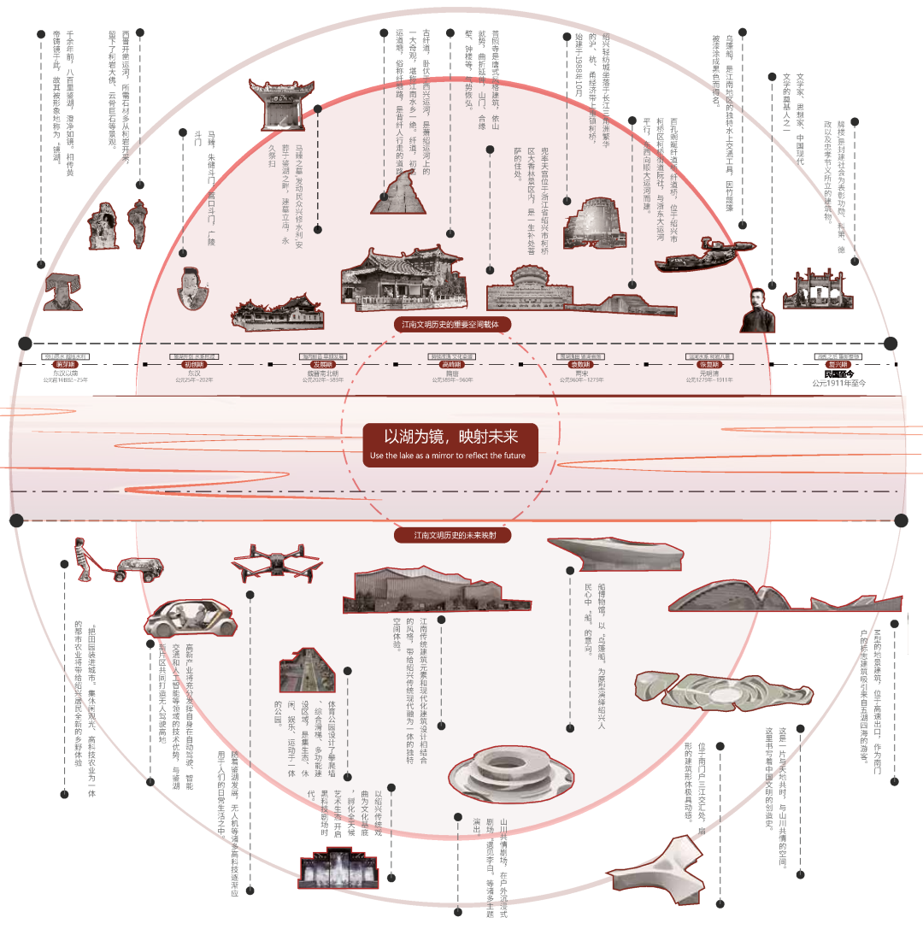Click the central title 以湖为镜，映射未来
tap(450, 437)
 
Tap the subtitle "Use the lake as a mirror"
tap(450, 456)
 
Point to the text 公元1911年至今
tap(838, 384)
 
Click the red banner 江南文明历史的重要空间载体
tap(450, 325)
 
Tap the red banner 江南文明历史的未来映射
tap(450, 536)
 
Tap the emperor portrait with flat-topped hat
tap(58, 291)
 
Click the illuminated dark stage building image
tap(338, 868)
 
